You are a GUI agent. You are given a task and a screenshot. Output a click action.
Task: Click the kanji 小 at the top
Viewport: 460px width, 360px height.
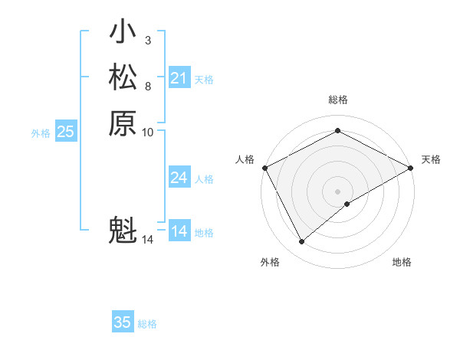(123, 33)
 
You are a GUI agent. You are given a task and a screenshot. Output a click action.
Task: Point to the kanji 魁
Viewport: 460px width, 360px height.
(123, 230)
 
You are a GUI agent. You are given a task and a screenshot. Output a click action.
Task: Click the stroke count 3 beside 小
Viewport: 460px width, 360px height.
(148, 40)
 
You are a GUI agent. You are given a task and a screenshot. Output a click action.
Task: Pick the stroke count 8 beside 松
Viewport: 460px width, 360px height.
(148, 86)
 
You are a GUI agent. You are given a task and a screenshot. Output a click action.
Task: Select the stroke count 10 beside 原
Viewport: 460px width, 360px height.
(148, 132)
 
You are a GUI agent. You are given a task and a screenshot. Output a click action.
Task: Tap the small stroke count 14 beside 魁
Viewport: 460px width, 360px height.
(148, 240)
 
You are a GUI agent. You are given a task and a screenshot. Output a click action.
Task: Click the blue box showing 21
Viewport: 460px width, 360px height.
(179, 78)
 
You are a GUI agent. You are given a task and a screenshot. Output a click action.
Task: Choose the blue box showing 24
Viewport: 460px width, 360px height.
(179, 178)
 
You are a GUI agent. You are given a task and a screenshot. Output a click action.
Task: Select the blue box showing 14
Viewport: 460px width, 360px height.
(179, 231)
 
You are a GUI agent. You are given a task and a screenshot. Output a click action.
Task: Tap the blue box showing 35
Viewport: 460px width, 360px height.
(122, 322)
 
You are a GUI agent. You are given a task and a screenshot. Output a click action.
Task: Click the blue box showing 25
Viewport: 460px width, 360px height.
(65, 132)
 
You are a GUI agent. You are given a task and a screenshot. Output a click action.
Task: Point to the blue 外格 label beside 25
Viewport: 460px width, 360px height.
(41, 133)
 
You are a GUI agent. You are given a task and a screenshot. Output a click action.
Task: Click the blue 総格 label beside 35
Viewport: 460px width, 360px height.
(147, 324)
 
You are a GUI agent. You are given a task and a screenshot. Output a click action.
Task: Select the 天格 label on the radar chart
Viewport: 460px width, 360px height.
(432, 159)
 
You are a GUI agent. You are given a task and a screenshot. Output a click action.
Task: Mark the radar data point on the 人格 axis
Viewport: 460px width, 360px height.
(264, 167)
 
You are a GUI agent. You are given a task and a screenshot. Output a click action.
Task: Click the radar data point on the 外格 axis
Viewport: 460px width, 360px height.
(301, 242)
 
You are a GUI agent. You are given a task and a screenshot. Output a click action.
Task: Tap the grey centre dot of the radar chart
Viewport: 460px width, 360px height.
(338, 191)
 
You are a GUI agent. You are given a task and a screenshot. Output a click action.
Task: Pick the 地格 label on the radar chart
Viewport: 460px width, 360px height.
(402, 262)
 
